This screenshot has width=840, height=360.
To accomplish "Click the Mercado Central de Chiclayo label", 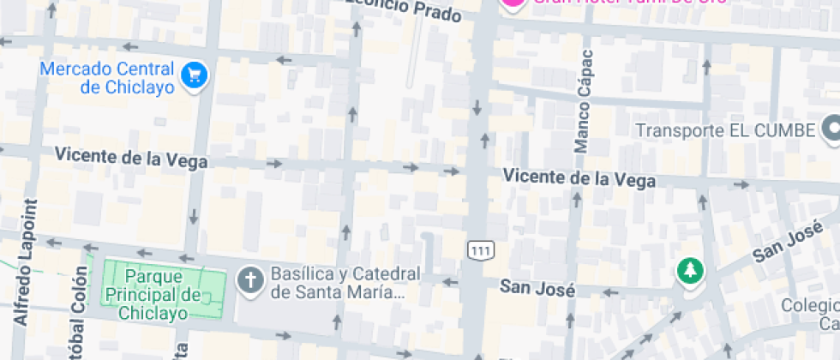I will pyautogui.click(x=107, y=77).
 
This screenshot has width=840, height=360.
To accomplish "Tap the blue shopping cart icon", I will pyautogui.click(x=196, y=75).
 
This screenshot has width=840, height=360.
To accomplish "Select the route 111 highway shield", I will pyautogui.click(x=481, y=249).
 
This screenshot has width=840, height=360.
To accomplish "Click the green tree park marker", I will pyautogui.click(x=688, y=272).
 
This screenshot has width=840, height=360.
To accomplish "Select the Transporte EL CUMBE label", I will pyautogui.click(x=725, y=131).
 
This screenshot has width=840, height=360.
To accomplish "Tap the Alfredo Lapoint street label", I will pyautogui.click(x=27, y=262).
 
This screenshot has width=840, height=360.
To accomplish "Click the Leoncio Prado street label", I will pyautogui.click(x=406, y=8).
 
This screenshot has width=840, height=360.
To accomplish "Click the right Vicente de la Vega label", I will pyautogui.click(x=579, y=178).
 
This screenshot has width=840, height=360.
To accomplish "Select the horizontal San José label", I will pyautogui.click(x=537, y=289).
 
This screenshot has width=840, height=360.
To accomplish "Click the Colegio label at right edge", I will pyautogui.click(x=811, y=314).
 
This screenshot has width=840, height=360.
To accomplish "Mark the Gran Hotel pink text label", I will pyautogui.click(x=630, y=3).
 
